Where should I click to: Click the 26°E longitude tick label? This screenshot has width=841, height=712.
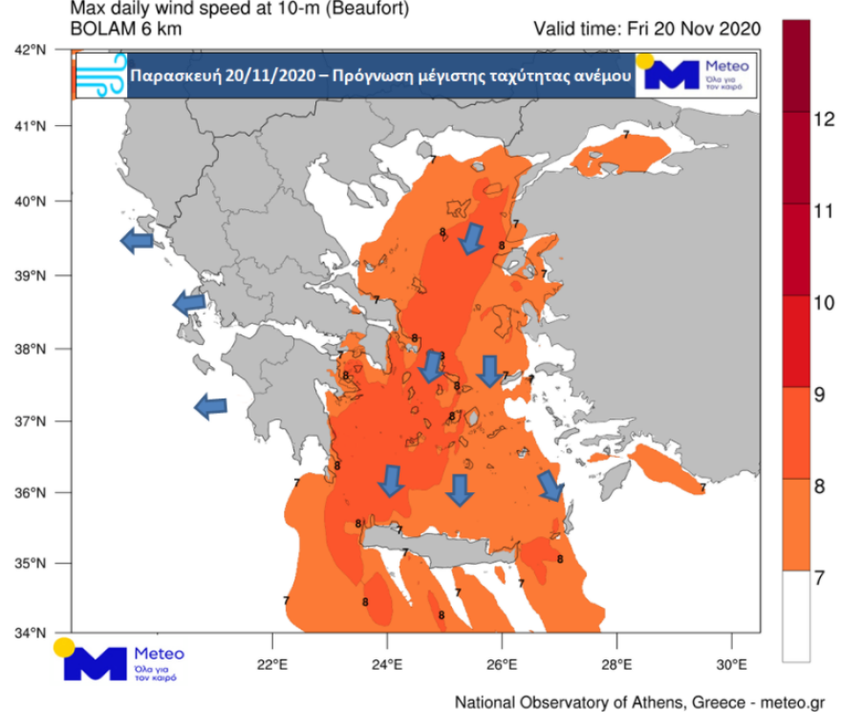pyautogui.click(x=502, y=663)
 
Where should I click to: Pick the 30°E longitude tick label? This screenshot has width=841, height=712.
pyautogui.click(x=731, y=663)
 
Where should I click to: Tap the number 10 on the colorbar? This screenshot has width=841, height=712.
pyautogui.click(x=823, y=303)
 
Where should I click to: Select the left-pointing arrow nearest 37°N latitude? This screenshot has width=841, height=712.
pyautogui.click(x=210, y=407)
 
